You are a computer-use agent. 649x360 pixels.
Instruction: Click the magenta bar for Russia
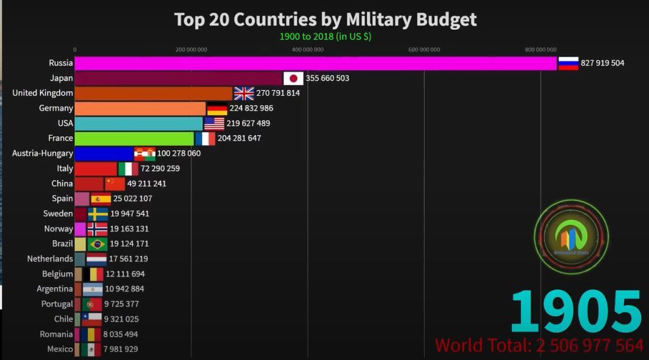[316, 63]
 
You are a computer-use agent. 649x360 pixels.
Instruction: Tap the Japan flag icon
[293, 78]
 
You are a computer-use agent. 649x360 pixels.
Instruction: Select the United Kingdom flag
[244, 93]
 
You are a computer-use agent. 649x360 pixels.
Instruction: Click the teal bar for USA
[139, 124]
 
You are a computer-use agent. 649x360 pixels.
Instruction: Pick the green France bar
[134, 138]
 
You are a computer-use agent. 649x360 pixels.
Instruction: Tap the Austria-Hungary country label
[42, 153]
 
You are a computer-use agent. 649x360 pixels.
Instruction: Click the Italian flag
[129, 169]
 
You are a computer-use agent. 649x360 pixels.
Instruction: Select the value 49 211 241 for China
[147, 184]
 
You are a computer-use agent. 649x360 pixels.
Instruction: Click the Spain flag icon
[101, 199]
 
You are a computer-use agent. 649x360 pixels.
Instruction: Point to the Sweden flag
[98, 214]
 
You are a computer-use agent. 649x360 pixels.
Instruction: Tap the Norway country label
[58, 229]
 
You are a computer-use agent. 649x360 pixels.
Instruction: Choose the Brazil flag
[98, 244]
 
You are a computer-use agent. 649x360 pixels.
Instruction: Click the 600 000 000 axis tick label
[424, 49]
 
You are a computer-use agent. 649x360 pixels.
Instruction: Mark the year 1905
[575, 312]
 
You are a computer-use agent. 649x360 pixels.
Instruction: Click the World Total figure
[539, 345]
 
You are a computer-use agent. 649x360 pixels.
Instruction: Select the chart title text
[325, 20]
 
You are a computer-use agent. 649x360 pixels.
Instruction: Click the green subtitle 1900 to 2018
[325, 36]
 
